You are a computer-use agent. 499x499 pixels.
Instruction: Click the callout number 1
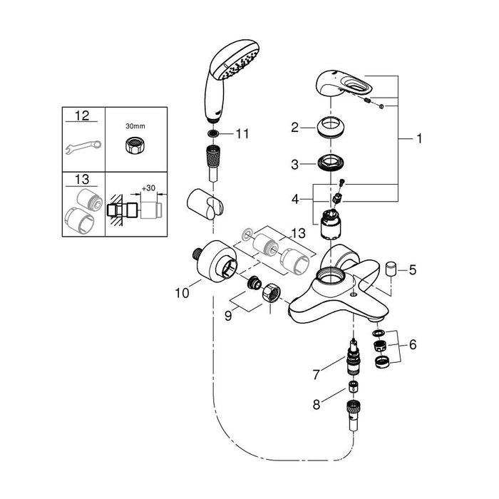pos(420,139)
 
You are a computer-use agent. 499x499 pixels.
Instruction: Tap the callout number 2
pos(294,128)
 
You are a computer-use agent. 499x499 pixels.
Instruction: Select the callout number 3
pos(294,164)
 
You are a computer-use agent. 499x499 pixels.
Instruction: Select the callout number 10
pos(180,291)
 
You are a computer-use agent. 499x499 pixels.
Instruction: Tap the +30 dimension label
pos(148,187)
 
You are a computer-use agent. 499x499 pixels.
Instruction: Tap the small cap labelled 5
pos(391,269)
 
